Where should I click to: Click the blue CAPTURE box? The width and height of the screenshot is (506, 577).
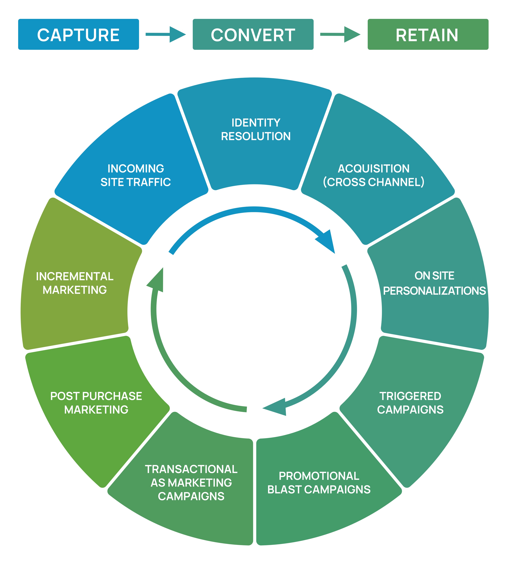pyautogui.click(x=79, y=34)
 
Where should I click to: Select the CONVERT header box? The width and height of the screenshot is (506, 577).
pyautogui.click(x=253, y=34)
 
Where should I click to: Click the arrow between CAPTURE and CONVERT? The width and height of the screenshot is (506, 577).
pyautogui.click(x=166, y=34)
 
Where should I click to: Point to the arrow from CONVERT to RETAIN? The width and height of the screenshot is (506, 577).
pyautogui.click(x=340, y=34)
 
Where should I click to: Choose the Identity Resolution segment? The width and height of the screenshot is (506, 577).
pyautogui.click(x=255, y=133)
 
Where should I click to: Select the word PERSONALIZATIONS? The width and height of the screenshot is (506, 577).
pyautogui.click(x=434, y=291)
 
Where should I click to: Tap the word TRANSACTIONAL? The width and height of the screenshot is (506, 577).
pyautogui.click(x=191, y=469)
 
